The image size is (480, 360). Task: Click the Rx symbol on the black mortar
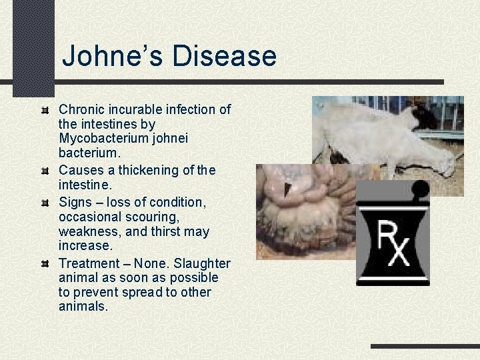391,244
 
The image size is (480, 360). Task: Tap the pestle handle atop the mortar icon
419,189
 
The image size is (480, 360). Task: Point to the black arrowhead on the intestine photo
287,189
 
